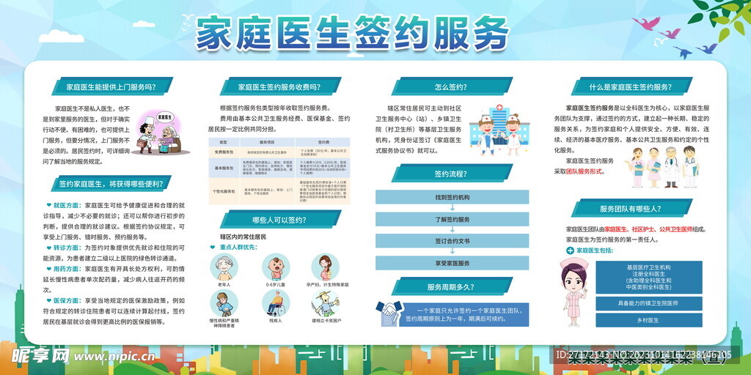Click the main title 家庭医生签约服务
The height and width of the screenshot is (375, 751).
click(x=352, y=34)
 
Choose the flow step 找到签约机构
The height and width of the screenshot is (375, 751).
click(x=452, y=197)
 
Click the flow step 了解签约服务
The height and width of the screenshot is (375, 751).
click(x=452, y=219)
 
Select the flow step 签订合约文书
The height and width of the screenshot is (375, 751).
click(x=452, y=241)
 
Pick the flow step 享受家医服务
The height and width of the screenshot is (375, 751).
click(x=452, y=263)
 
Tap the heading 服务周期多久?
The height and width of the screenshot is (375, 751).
click(x=451, y=287)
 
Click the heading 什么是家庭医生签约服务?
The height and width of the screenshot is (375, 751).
click(x=631, y=87)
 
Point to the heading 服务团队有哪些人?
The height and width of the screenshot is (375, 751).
click(x=631, y=209)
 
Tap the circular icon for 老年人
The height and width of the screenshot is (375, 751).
click(x=223, y=267)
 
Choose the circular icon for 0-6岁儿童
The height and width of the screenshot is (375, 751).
click(x=274, y=267)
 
